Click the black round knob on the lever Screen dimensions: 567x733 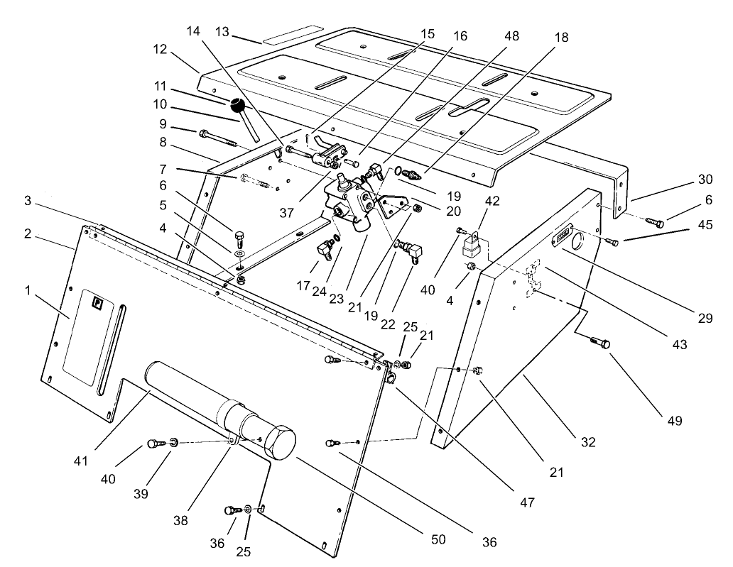pos(237,106)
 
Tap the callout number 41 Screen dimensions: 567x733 pos(80,461)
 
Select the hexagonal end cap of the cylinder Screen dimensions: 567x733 pos(278,443)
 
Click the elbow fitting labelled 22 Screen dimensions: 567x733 pos(412,249)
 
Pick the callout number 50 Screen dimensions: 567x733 pos(438,539)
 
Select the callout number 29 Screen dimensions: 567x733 pos(703,319)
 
